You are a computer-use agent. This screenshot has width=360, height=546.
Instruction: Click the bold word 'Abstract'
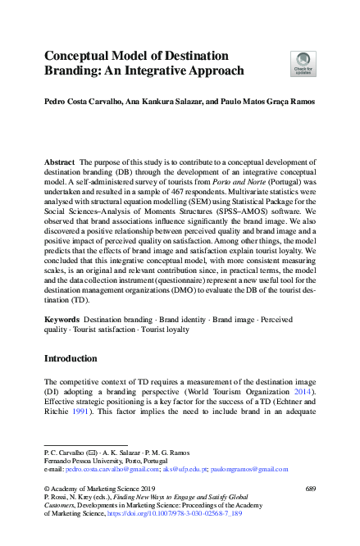[61, 164]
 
